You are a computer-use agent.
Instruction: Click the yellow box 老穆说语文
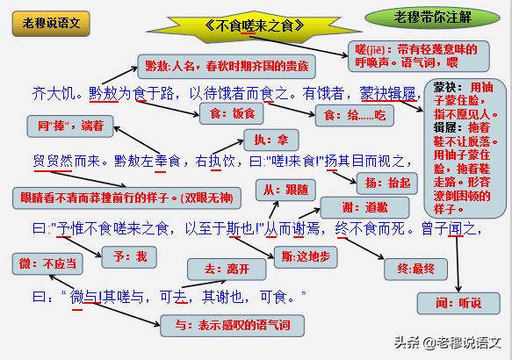click(x=51, y=24)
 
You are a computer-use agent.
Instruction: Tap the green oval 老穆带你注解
click(x=432, y=18)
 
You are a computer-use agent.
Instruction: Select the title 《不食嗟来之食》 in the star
click(x=255, y=25)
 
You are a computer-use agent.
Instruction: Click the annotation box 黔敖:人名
click(x=227, y=67)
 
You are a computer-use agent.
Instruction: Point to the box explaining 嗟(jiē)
click(x=418, y=56)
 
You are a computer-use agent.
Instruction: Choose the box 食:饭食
click(x=232, y=113)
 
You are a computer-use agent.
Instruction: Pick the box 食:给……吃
click(x=355, y=116)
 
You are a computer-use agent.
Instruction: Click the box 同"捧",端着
click(x=70, y=126)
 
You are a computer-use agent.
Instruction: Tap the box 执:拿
click(x=271, y=140)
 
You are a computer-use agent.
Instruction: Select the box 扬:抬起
click(x=387, y=184)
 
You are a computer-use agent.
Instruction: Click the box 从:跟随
click(x=285, y=190)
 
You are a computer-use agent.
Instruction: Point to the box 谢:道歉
click(x=364, y=207)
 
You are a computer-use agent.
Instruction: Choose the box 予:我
click(x=129, y=257)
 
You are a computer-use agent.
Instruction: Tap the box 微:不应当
click(x=47, y=263)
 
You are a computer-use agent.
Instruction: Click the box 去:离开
click(x=227, y=270)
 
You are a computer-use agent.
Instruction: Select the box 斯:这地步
click(x=306, y=257)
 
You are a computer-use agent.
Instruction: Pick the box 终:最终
click(x=415, y=270)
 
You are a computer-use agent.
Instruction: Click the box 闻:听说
click(x=458, y=304)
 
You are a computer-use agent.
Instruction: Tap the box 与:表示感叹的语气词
click(x=232, y=326)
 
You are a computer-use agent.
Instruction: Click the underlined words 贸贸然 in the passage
click(x=53, y=162)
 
